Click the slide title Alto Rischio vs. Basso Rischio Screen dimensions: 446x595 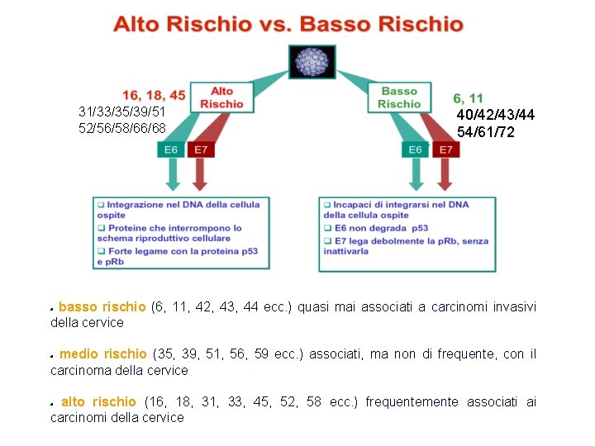pyautogui.click(x=288, y=23)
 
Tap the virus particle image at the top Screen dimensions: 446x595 pyautogui.click(x=312, y=61)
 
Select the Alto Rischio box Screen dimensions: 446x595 pyautogui.click(x=221, y=97)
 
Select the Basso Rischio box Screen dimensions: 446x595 pyautogui.click(x=399, y=97)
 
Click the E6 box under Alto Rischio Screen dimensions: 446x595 pyautogui.click(x=170, y=149)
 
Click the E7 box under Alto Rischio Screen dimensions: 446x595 pyautogui.click(x=199, y=149)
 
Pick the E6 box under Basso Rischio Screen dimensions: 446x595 pyautogui.click(x=415, y=149)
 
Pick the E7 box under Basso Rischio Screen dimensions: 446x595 pyautogui.click(x=445, y=149)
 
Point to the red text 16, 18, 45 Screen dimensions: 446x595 pyautogui.click(x=154, y=96)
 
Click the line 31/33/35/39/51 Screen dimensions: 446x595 pyautogui.click(x=121, y=111)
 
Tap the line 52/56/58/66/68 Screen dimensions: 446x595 pyautogui.click(x=121, y=128)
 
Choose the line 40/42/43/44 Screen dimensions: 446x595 pyautogui.click(x=496, y=115)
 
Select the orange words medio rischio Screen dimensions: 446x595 pyautogui.click(x=102, y=354)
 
